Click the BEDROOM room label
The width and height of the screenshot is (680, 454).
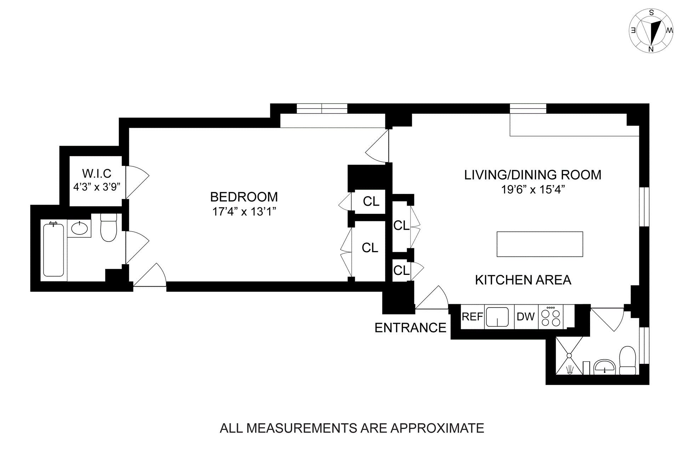click(x=244, y=197)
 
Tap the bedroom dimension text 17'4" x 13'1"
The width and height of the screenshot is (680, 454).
click(x=244, y=212)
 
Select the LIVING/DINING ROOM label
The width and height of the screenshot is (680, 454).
click(x=532, y=175)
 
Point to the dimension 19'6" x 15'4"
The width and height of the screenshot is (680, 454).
click(x=532, y=190)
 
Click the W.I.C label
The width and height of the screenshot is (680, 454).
click(x=97, y=173)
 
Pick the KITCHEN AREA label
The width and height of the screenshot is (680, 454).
click(x=523, y=280)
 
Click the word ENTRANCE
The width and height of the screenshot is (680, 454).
click(x=410, y=328)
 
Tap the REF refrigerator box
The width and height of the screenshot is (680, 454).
click(x=472, y=316)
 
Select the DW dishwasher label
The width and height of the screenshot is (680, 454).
click(x=526, y=316)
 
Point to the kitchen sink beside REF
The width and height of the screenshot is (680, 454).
click(x=497, y=317)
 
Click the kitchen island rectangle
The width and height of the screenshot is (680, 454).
click(x=539, y=244)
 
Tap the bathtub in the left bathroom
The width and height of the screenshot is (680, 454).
click(x=53, y=250)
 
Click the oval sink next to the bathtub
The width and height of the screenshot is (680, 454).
click(x=79, y=229)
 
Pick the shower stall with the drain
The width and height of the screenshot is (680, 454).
click(x=569, y=355)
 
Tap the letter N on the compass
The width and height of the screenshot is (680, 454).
click(x=651, y=49)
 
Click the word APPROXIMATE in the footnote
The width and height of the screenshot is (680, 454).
click(x=437, y=428)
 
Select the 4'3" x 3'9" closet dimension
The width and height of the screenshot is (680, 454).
click(x=97, y=187)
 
